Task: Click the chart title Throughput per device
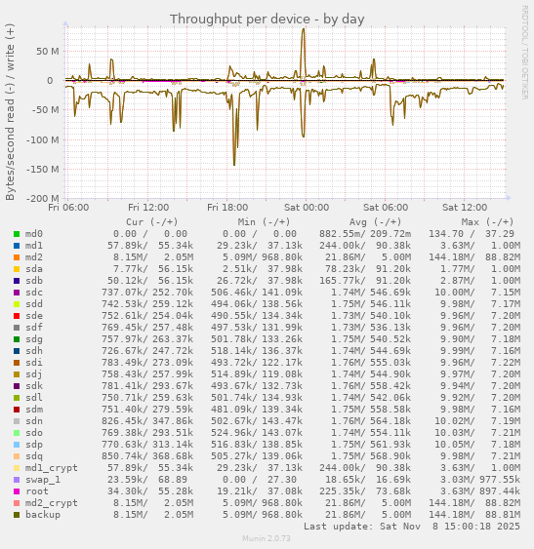267,19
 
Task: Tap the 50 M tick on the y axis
46,51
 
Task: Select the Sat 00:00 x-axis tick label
307,207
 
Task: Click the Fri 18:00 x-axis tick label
227,207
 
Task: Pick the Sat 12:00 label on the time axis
465,207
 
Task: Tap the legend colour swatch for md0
17,234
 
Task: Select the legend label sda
34,268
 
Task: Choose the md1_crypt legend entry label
51,467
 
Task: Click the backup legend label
42,514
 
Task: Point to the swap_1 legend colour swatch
17,479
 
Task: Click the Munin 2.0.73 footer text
267,538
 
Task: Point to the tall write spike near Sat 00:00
304,30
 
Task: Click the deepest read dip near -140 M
234,163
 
